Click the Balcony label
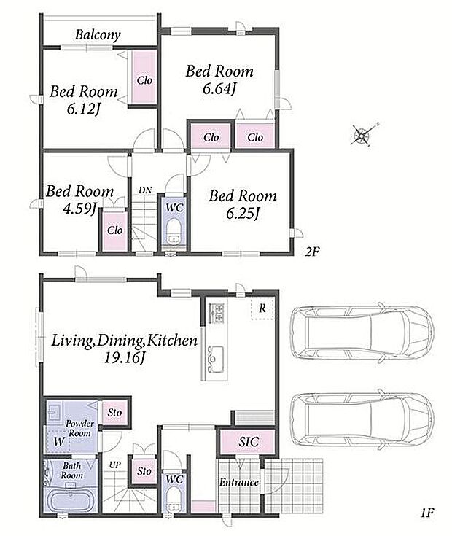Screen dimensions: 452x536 (x=98, y=35)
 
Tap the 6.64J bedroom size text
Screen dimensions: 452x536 (x=219, y=89)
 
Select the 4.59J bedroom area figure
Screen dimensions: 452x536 (x=80, y=209)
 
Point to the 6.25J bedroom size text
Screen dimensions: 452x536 (x=243, y=214)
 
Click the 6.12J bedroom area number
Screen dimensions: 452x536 (x=83, y=109)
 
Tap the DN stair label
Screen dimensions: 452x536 (x=145, y=190)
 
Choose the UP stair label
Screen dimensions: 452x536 (x=114, y=465)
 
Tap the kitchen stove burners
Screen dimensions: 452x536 (x=217, y=312)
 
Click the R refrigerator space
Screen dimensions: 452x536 (x=262, y=308)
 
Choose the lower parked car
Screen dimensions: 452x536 (x=362, y=420)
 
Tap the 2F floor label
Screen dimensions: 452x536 (x=312, y=252)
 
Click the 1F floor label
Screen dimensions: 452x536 (x=426, y=513)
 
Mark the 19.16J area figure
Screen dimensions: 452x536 (x=125, y=358)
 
